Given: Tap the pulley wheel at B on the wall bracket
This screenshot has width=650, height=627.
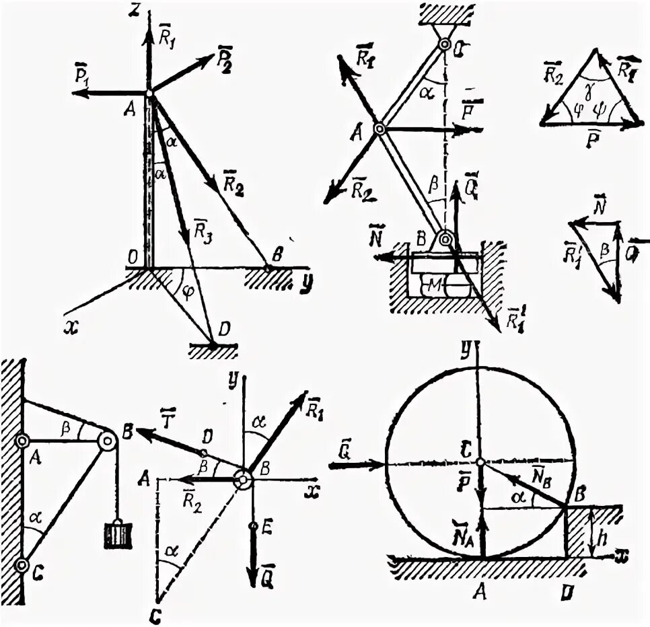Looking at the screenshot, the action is coord(107,442).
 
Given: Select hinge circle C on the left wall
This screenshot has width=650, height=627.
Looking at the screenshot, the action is coord(22,564).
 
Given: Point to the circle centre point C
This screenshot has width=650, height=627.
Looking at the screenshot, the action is coord(480,462).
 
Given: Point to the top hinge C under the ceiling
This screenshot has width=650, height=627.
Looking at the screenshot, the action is coord(444,45).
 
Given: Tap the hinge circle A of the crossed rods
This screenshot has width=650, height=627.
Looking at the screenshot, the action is coord(380,128).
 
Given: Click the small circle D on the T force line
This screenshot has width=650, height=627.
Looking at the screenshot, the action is coord(203,453).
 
